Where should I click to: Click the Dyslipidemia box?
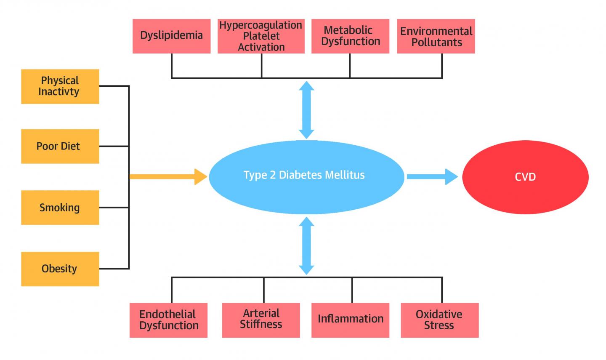[171, 36]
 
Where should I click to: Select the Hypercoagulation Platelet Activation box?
[261, 36]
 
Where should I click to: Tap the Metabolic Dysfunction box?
[350, 36]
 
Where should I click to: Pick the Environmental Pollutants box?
[436, 36]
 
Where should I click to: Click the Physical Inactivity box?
[60, 86]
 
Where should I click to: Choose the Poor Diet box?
[60, 146]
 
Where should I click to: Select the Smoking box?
[60, 207]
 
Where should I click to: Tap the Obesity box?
[60, 269]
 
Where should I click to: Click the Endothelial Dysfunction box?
[168, 320]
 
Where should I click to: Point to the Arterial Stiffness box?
[261, 320]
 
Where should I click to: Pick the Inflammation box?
[350, 320]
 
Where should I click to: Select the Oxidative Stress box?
[439, 320]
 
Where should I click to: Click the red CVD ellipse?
[525, 177]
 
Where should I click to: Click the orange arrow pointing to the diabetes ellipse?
[168, 176]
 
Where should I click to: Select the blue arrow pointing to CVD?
[432, 176]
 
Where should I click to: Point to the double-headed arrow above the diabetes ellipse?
[306, 109]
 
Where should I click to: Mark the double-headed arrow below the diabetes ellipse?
[306, 245]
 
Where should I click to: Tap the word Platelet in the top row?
[261, 36]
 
